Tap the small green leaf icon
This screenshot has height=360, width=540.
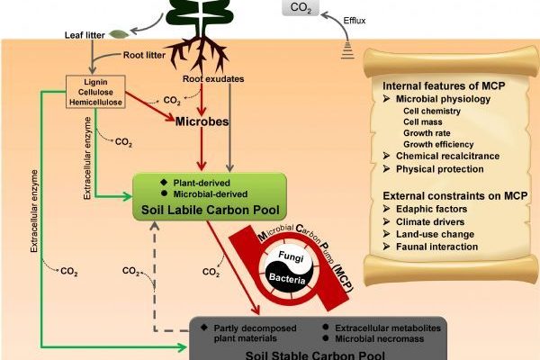118,35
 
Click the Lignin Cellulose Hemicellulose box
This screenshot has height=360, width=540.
95,92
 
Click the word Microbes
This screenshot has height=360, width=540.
200,121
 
